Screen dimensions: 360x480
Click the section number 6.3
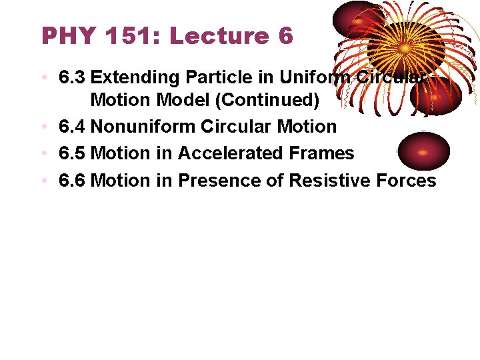72,78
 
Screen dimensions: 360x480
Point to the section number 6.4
72,126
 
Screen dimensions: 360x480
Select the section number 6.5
72,153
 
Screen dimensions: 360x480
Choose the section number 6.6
72,181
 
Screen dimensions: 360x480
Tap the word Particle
199,78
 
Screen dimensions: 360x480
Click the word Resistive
325,181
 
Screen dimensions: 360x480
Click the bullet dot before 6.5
43,154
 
